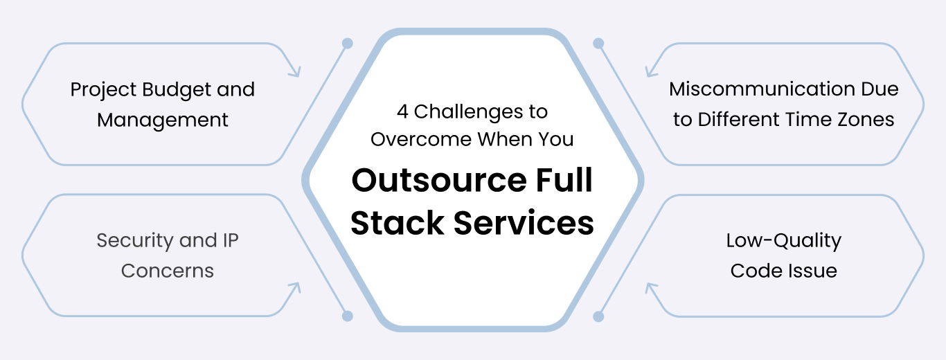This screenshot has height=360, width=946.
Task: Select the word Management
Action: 163,120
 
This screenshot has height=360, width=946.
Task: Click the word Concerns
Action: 167,271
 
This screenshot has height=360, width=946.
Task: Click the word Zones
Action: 866,119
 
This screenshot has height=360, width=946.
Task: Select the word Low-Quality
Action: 783,241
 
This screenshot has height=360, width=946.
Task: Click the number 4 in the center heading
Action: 402,111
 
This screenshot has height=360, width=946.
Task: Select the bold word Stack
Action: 397,223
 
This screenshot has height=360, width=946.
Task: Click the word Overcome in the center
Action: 421,139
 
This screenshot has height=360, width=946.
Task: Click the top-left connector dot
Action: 348,44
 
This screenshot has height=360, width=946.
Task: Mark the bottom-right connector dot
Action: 598,316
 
